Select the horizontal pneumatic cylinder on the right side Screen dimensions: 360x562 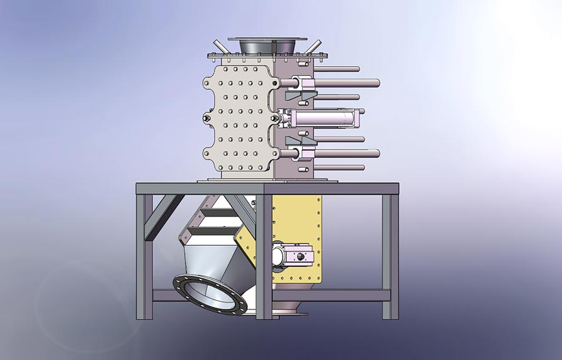pyautogui.click(x=325, y=118)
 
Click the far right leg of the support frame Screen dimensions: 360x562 pyautogui.click(x=387, y=256)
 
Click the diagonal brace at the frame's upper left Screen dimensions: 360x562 pyautogui.click(x=164, y=215)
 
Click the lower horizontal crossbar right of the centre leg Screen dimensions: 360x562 pyautogui.click(x=331, y=295)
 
